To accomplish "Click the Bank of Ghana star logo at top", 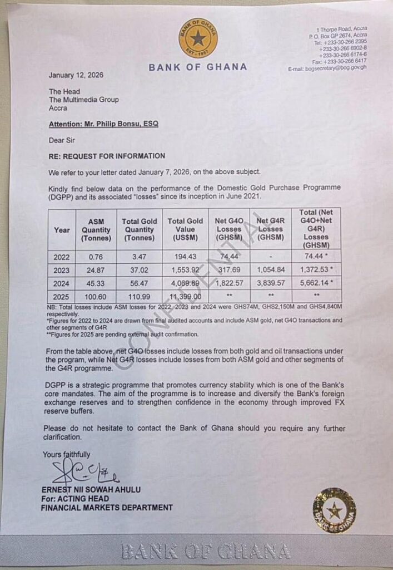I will (198, 38).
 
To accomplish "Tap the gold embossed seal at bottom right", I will (334, 510).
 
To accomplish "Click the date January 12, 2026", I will (76, 75).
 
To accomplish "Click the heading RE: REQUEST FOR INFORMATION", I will (107, 156).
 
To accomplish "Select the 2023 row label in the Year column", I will (62, 270).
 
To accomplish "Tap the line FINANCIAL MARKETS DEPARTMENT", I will (107, 507).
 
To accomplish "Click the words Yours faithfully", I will (66, 455).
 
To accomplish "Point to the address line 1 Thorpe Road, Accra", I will (341, 29).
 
